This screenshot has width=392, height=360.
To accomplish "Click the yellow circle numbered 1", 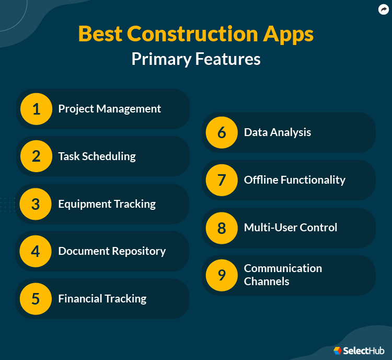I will pos(36,109).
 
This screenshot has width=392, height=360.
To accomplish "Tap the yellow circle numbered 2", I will pos(36,156).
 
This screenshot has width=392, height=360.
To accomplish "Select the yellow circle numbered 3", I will pos(36,204).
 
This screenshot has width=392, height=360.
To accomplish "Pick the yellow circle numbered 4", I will pos(36,251).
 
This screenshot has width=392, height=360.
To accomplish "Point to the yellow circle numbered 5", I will pos(36,299).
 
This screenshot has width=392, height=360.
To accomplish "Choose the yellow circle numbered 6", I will pos(222,132).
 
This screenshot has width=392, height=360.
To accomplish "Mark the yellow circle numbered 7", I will pos(222,180).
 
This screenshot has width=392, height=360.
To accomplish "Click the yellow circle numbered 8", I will pos(222,228).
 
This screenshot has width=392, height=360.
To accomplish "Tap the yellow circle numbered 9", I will pos(222,275).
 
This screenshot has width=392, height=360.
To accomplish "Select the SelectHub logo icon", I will pos(338,351).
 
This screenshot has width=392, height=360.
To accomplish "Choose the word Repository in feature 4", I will pos(138,251).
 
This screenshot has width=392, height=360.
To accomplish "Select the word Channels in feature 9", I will pos(267,282).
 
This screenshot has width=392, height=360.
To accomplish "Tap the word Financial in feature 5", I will pos(79,299).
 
